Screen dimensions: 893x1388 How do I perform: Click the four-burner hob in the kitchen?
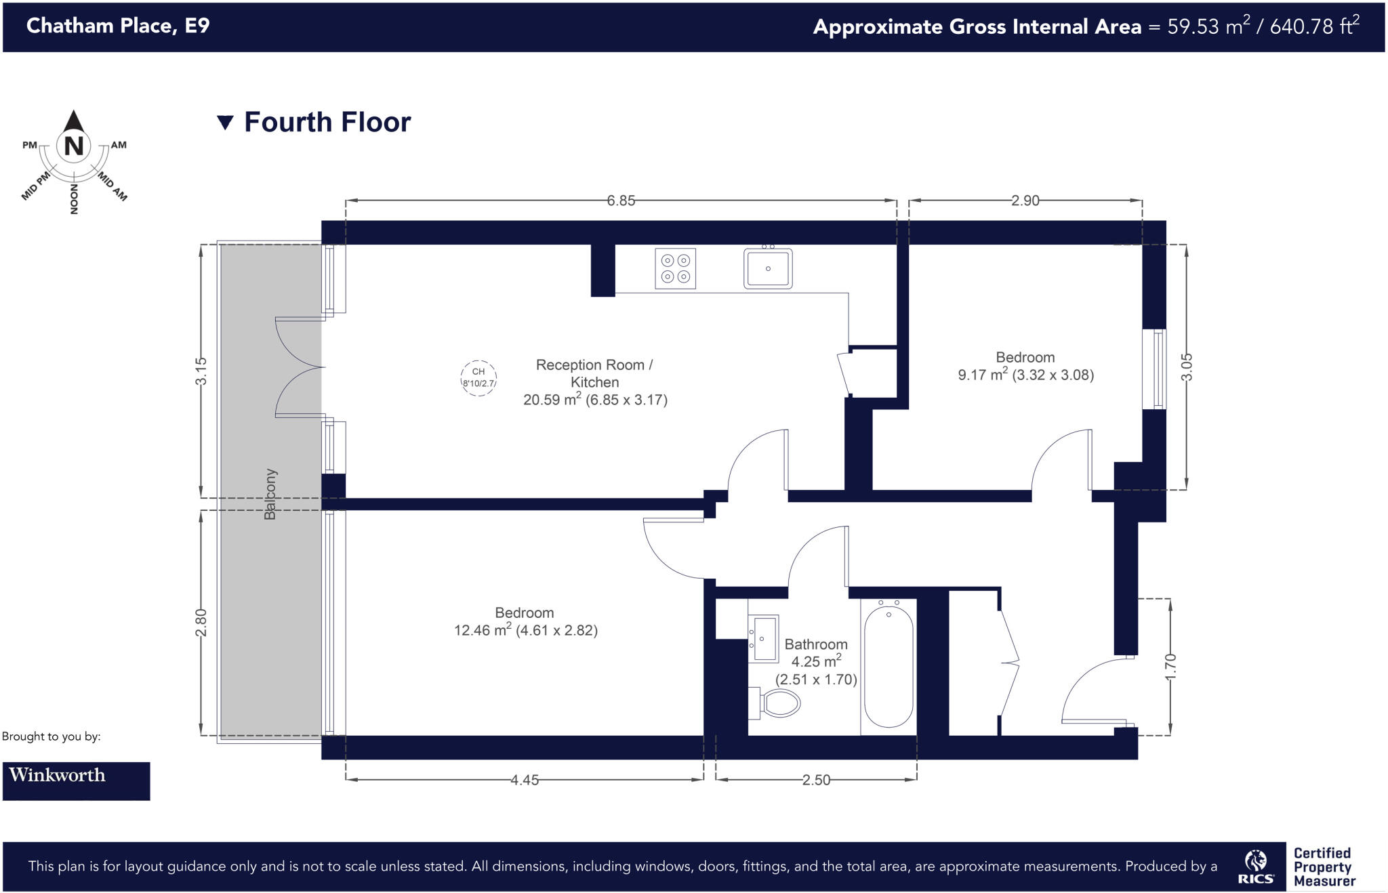(x=676, y=268)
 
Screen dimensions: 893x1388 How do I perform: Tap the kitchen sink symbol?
(x=768, y=268)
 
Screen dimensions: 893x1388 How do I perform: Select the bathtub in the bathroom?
(x=889, y=666)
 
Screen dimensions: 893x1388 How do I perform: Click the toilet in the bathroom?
(x=777, y=703)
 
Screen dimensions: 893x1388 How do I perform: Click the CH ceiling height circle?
(x=478, y=377)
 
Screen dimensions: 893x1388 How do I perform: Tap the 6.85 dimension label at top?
(x=621, y=201)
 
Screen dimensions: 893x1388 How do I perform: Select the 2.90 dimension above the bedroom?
(x=1025, y=201)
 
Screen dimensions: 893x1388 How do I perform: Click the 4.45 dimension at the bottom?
(x=525, y=780)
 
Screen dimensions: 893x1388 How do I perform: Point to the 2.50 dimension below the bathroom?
(x=816, y=780)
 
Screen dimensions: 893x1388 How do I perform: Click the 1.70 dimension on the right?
(x=1171, y=667)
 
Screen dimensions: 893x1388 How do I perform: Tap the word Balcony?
(x=270, y=494)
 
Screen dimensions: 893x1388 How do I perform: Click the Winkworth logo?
(x=76, y=781)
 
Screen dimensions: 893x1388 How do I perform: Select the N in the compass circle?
(x=74, y=146)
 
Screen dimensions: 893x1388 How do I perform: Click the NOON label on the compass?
(x=74, y=199)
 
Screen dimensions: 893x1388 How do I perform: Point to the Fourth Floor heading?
(x=327, y=123)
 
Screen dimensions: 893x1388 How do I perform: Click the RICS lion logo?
(x=1256, y=866)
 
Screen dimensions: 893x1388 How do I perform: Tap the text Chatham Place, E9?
(x=118, y=26)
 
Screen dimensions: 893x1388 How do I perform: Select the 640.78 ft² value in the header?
(x=1314, y=26)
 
